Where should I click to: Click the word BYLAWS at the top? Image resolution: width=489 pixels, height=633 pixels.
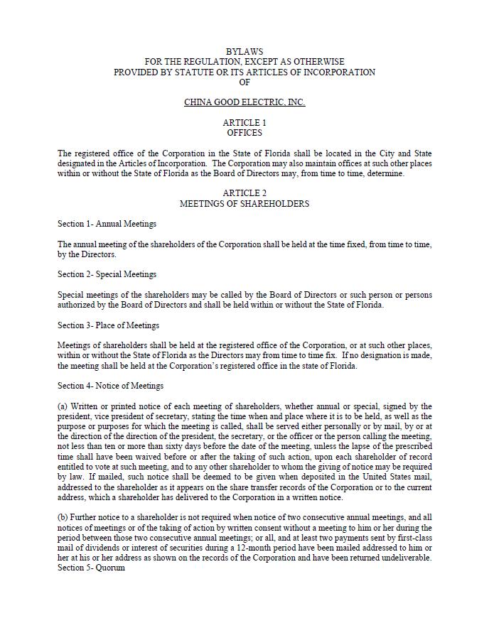244,52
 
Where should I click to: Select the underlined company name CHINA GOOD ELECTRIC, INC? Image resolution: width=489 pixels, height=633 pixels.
244,102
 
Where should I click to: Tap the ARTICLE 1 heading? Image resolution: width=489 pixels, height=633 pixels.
244,123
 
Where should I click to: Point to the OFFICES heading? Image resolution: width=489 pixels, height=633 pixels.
244,133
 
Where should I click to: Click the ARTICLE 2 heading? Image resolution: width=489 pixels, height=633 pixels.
244,193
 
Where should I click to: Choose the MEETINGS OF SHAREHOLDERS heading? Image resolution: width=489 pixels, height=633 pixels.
244,204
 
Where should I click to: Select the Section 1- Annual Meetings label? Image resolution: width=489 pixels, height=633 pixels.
107,224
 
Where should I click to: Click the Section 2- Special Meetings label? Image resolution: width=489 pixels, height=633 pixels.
107,274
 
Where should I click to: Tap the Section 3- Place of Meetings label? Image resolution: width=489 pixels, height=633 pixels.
108,325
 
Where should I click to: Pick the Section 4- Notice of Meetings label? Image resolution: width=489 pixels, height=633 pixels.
110,386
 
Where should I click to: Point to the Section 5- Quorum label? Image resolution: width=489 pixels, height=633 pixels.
91,568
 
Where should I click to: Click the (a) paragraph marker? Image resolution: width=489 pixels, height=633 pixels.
63,406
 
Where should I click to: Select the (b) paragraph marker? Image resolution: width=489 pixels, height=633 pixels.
63,517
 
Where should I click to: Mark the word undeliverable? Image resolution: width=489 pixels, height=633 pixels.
405,558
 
